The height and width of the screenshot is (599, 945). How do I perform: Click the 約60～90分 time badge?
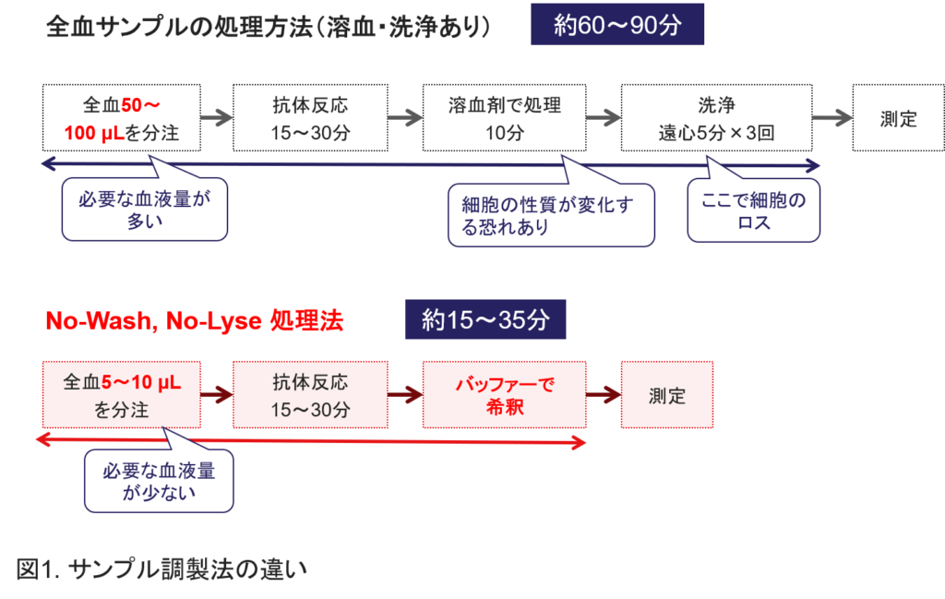(617, 25)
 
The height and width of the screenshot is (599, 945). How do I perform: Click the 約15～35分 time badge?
(485, 320)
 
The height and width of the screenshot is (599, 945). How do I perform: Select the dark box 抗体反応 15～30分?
(310, 118)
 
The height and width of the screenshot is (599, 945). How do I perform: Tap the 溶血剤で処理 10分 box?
(505, 118)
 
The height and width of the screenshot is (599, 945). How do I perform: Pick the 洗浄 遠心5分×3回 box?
(716, 118)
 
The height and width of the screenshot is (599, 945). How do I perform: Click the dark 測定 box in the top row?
(898, 118)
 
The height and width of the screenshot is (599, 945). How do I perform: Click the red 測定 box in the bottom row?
(666, 396)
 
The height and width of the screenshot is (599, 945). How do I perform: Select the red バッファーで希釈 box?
(505, 396)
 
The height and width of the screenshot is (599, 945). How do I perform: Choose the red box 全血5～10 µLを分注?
(121, 396)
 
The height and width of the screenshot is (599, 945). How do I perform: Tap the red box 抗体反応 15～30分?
(310, 396)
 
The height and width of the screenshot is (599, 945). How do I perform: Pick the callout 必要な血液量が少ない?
(158, 482)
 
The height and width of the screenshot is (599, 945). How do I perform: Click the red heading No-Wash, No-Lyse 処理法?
(195, 321)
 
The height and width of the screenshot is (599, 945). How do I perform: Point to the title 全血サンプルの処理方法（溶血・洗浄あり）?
(268, 28)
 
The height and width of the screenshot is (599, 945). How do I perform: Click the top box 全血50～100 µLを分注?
(121, 118)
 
